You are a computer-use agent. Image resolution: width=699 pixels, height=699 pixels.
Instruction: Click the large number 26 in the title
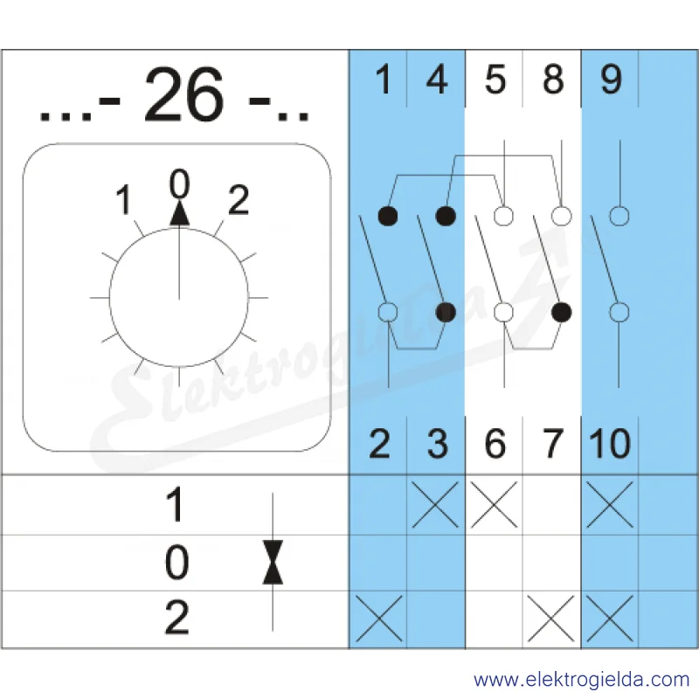183,94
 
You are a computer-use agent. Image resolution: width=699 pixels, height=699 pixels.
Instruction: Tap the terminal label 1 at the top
384,80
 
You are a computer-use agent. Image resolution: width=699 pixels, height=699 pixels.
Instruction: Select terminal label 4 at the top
437,80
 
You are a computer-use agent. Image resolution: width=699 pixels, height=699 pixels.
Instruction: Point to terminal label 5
495,80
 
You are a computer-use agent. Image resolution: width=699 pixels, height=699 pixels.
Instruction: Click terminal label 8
553,80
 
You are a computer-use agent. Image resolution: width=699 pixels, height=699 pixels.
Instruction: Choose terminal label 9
611,80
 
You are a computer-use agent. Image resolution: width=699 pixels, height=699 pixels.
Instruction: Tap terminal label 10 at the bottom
610,443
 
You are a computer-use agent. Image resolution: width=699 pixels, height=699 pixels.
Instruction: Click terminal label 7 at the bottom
553,443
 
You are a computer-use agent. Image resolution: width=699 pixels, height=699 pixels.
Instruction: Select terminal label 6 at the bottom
495,443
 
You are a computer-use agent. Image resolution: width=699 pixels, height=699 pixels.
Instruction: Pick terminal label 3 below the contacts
438,443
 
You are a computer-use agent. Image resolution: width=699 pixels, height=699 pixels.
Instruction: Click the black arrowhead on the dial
180,212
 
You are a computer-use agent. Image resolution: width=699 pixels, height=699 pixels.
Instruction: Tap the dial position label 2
239,200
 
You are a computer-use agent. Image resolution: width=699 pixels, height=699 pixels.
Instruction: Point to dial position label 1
124,200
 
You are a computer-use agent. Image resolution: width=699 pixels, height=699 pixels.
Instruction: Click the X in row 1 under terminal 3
435,505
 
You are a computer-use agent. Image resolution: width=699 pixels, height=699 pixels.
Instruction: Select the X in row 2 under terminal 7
551,619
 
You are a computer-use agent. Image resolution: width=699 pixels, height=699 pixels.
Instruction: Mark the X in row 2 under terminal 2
379,619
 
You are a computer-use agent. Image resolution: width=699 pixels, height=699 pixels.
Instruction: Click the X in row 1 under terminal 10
610,505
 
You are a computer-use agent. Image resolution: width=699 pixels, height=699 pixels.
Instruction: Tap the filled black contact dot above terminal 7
561,312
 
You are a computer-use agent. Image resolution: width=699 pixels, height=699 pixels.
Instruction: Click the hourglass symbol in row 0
273,562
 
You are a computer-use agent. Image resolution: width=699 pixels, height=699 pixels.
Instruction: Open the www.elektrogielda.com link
582,681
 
